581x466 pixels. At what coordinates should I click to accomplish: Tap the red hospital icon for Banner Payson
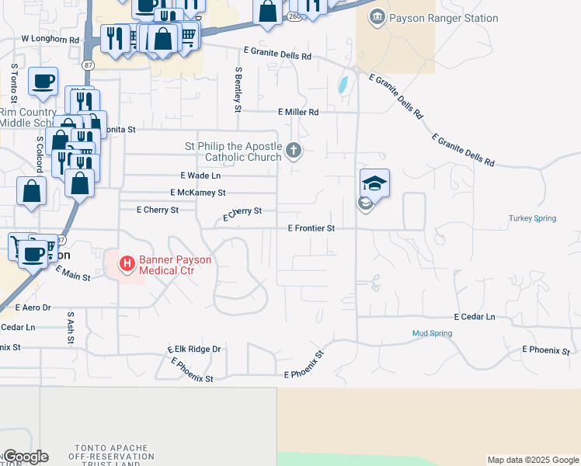pos(126,264)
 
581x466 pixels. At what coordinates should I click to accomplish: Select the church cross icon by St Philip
pos(293,150)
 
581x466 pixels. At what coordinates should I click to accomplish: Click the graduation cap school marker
pos(374,183)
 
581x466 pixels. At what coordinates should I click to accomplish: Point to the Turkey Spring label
pos(532,218)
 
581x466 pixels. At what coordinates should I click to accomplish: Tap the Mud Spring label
pos(431,333)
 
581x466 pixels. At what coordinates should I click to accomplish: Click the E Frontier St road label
pos(311,228)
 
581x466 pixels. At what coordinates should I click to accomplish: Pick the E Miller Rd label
pos(297,112)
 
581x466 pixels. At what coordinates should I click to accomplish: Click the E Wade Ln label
pos(197,176)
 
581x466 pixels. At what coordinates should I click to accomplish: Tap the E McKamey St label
pos(197,193)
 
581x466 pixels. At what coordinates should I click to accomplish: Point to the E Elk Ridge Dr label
pos(194,349)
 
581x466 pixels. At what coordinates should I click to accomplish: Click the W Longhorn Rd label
pos(50,38)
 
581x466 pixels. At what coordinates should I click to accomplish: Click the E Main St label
pos(73,273)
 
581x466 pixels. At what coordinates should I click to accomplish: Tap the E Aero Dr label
pos(31,308)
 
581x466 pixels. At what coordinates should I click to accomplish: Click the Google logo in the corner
pos(25,457)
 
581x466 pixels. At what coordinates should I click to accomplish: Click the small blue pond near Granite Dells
pos(343,85)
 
